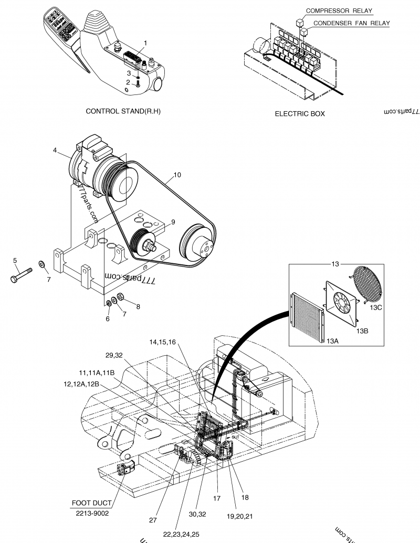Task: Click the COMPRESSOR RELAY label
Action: point(340,10)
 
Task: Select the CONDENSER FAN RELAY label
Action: point(352,23)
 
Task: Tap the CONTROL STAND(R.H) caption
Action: point(123,112)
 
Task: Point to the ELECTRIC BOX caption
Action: point(300,114)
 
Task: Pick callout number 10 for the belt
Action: point(177,175)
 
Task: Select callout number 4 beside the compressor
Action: point(55,150)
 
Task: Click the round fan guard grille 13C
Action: point(368,285)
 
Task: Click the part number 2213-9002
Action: point(91,514)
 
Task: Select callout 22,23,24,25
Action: point(181,534)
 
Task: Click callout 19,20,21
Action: point(239,516)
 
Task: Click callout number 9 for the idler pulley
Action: point(173,222)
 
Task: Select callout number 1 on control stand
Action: point(145,43)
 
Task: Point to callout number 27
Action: point(153,520)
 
